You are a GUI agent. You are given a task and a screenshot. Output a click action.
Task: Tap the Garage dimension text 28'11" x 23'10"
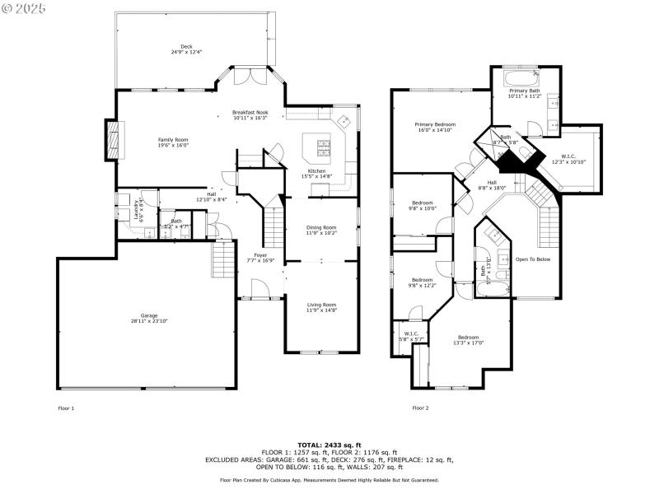tap(149, 321)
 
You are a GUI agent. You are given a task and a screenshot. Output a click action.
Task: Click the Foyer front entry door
tap(259, 288)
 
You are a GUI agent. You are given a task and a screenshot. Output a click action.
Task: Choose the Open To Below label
tap(532, 259)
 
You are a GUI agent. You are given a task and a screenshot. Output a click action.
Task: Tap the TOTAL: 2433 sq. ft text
tap(329, 445)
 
